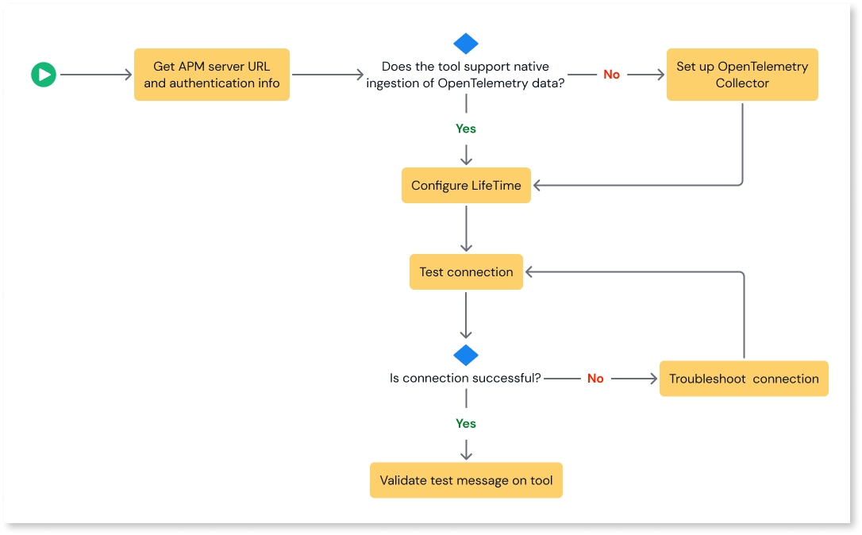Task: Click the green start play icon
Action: coord(44,75)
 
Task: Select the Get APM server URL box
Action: coord(212,75)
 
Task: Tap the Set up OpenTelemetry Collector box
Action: coord(741,75)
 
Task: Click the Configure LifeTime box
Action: coord(466,186)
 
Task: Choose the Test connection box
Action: coord(466,271)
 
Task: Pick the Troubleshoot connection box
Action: coord(743,379)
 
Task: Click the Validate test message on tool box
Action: coord(466,480)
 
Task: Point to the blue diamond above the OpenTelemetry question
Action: coord(466,44)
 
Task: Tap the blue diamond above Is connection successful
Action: coord(466,355)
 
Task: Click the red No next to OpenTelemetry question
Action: coord(611,75)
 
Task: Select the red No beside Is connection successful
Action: coord(595,379)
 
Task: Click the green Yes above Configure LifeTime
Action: coord(466,129)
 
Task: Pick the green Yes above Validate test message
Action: coord(466,424)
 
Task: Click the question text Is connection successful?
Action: coord(465,379)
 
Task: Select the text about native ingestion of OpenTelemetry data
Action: coord(466,75)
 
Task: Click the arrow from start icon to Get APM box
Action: coord(95,75)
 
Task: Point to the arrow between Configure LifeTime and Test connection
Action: coord(466,229)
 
